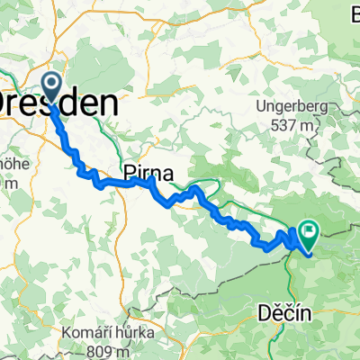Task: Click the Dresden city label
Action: click(x=58, y=103)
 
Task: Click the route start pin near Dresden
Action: click(x=52, y=88)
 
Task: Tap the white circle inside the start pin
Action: click(x=52, y=85)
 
